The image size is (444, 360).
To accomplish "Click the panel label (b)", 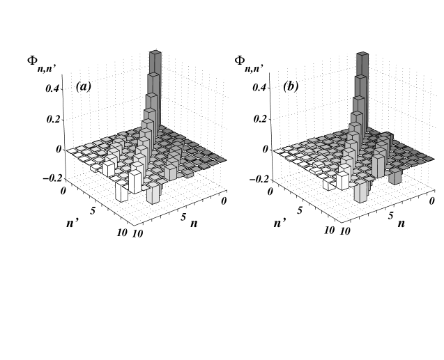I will point(291,88).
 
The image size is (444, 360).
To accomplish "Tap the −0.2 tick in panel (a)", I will point(50,178).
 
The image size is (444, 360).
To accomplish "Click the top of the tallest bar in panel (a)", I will point(156,52).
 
